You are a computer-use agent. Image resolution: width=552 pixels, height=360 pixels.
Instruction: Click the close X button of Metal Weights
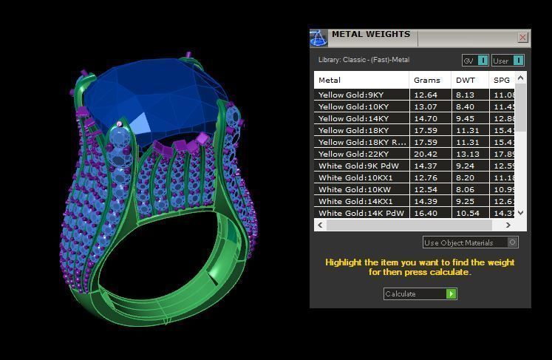523,37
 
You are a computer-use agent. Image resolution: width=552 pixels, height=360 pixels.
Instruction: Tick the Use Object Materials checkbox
513,242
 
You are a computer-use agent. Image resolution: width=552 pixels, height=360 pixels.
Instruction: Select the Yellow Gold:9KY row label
351,95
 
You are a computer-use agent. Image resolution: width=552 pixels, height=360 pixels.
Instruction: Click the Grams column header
427,80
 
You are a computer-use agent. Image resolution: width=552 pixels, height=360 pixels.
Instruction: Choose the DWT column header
466,80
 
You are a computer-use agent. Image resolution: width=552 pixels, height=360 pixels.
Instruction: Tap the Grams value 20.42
426,154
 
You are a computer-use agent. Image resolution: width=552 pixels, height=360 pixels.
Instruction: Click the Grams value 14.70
426,118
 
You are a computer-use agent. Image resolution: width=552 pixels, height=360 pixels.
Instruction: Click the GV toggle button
475,61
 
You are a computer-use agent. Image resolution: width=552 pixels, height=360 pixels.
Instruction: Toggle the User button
508,61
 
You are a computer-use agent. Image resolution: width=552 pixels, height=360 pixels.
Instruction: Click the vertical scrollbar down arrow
521,213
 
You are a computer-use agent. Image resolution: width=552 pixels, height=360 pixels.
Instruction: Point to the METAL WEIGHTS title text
370,34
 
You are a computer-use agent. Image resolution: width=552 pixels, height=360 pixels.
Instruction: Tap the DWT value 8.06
466,189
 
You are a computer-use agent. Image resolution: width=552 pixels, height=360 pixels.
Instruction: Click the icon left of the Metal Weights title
318,38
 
